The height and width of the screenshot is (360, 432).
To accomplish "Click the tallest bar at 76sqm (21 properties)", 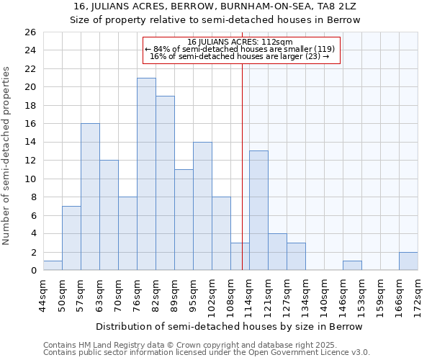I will click(x=146, y=174).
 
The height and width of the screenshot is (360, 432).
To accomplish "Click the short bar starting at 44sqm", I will click(x=53, y=266).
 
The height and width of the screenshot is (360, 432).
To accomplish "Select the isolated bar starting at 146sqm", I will click(x=352, y=266).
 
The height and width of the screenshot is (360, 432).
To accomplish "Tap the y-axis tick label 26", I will click(x=30, y=32).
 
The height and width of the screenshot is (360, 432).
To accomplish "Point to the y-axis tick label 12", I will click(x=30, y=161).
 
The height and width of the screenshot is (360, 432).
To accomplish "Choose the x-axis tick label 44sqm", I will click(x=43, y=293).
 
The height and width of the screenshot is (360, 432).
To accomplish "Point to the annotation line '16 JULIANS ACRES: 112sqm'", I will click(x=240, y=42).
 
